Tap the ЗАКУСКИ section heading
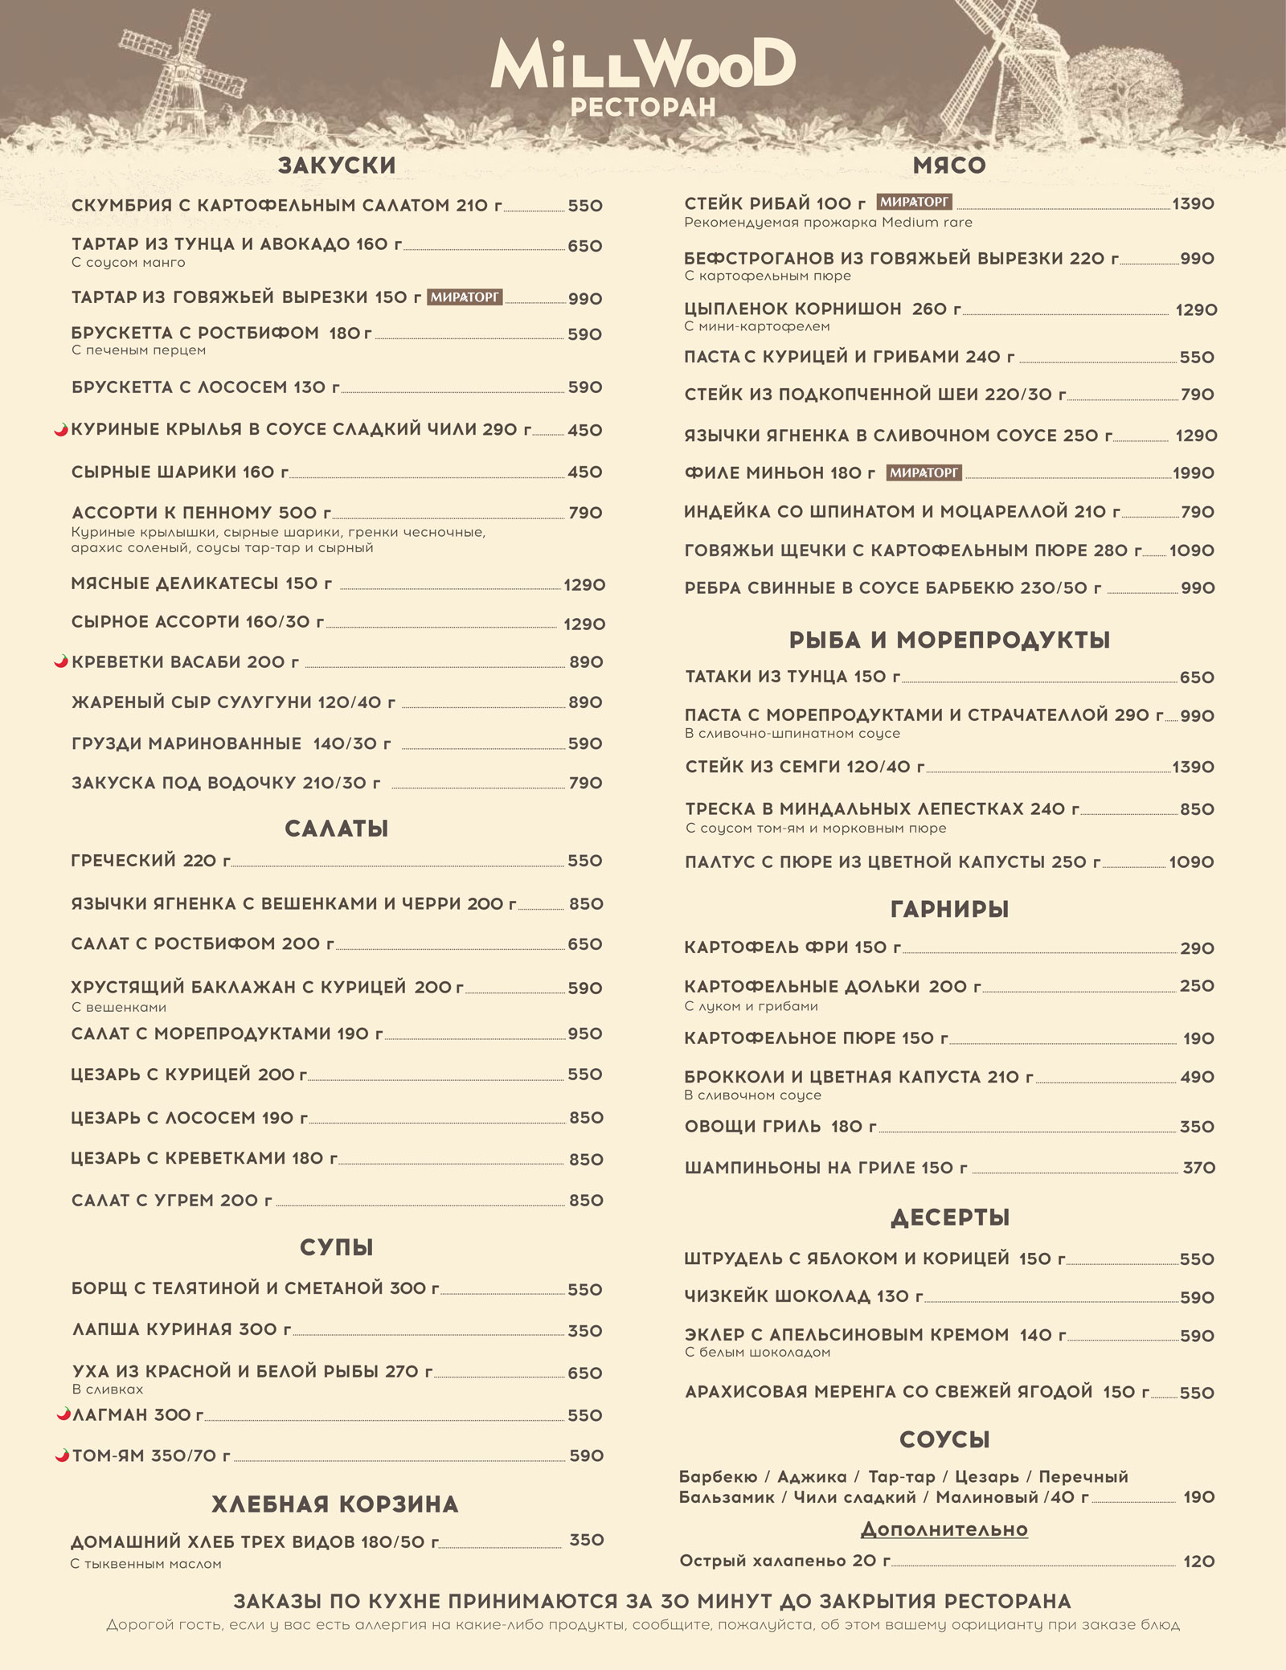click(337, 166)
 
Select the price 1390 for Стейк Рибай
click(1193, 204)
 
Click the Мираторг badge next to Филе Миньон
click(924, 473)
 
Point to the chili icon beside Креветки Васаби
click(60, 661)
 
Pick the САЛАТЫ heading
click(337, 829)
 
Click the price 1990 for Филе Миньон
click(1193, 473)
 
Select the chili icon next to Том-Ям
click(61, 1455)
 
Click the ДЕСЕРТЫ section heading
click(949, 1218)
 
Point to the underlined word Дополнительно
click(944, 1529)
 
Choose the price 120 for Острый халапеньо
click(1198, 1562)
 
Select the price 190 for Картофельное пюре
click(1198, 1038)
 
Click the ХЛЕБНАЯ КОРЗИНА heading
click(335, 1504)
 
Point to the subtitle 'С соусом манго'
click(128, 263)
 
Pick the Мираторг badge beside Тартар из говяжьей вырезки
click(465, 297)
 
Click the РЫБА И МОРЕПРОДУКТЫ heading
click(949, 640)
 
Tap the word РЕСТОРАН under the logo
click(643, 108)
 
